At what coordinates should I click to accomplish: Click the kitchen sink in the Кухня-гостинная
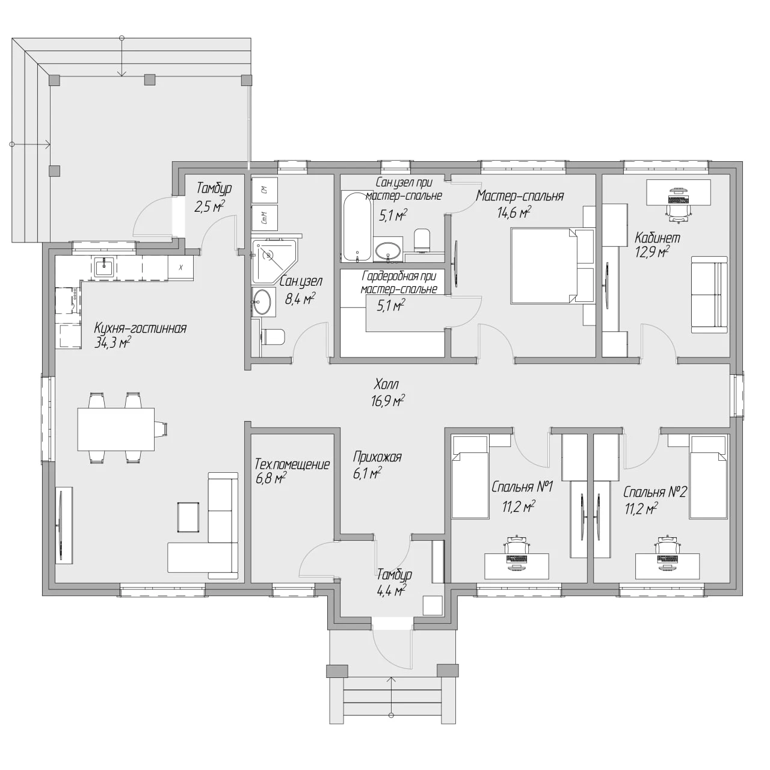point(104,267)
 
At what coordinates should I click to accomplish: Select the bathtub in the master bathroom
point(357,227)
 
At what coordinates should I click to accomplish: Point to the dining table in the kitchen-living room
point(116,429)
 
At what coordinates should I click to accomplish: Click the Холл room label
point(386,384)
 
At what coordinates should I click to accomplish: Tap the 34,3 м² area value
point(112,343)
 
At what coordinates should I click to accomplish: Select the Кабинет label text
point(658,238)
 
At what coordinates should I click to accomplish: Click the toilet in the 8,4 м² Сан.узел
point(273,337)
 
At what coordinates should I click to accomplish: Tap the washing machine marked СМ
point(265,190)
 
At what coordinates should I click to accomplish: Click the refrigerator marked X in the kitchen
point(180,267)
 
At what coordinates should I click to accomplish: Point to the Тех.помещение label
point(292,464)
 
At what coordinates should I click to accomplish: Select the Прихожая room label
point(377,457)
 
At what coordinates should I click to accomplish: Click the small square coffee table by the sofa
point(188,517)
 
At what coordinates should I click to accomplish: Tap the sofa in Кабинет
point(709,295)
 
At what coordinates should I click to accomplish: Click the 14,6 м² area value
point(514,212)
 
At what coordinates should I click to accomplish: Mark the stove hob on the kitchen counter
point(68,301)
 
